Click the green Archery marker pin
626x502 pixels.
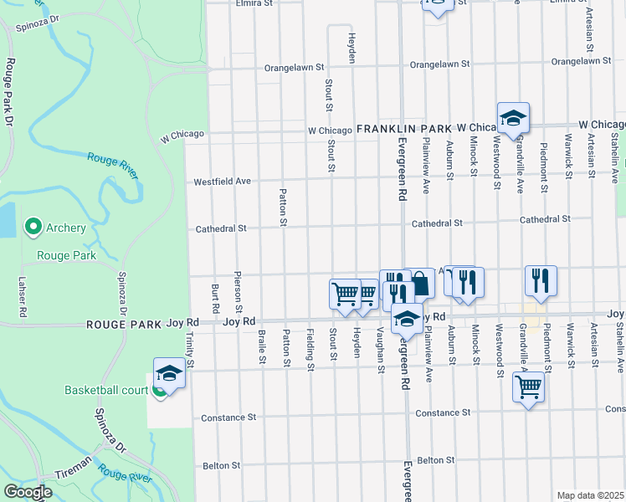pyautogui.click(x=33, y=227)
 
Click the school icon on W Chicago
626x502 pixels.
pyautogui.click(x=513, y=119)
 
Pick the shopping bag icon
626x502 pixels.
pyautogui.click(x=418, y=284)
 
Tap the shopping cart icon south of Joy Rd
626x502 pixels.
pyautogui.click(x=528, y=388)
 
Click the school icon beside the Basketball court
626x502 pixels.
pyautogui.click(x=168, y=374)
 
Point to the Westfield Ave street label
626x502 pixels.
pyautogui.click(x=223, y=181)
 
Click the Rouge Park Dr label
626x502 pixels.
pyautogui.click(x=9, y=92)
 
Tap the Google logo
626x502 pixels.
pyautogui.click(x=28, y=492)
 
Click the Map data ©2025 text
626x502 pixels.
pyautogui.click(x=590, y=495)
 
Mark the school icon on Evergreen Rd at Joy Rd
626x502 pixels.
pyautogui.click(x=407, y=320)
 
